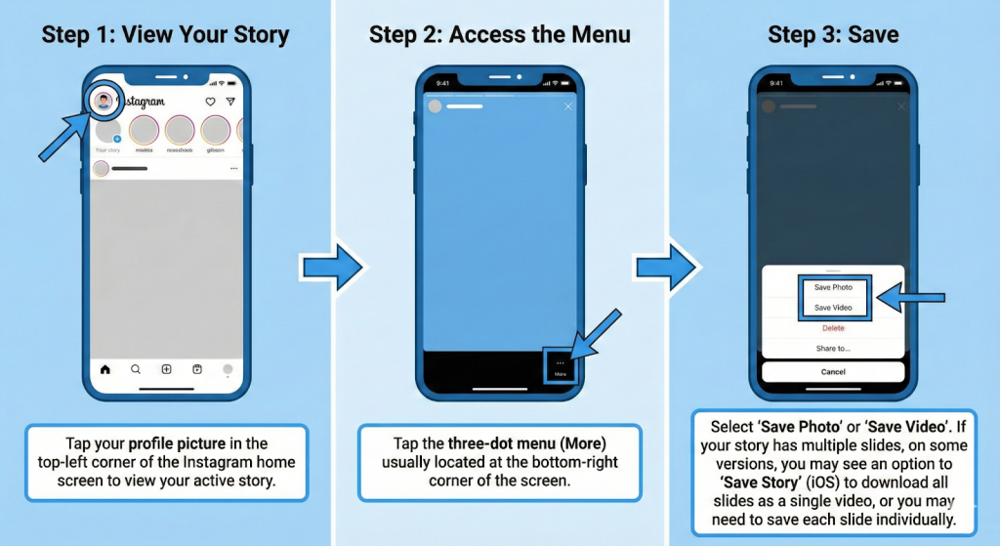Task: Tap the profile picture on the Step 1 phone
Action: click(104, 101)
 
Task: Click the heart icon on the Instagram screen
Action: click(210, 102)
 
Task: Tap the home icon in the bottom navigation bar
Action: click(105, 370)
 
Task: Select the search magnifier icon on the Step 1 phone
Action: click(136, 370)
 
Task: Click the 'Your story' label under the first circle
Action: click(106, 150)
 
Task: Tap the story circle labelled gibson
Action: click(214, 130)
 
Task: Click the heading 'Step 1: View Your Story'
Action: click(165, 36)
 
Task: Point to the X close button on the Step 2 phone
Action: click(569, 105)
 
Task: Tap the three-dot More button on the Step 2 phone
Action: click(561, 366)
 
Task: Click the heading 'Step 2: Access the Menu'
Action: click(499, 36)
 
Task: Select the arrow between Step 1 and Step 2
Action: click(331, 267)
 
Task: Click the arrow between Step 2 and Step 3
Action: click(667, 267)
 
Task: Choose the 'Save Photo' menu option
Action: click(833, 287)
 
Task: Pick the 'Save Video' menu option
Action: click(833, 308)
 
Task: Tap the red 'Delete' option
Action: click(833, 328)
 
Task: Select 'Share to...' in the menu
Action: click(833, 348)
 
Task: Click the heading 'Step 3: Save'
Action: click(833, 36)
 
